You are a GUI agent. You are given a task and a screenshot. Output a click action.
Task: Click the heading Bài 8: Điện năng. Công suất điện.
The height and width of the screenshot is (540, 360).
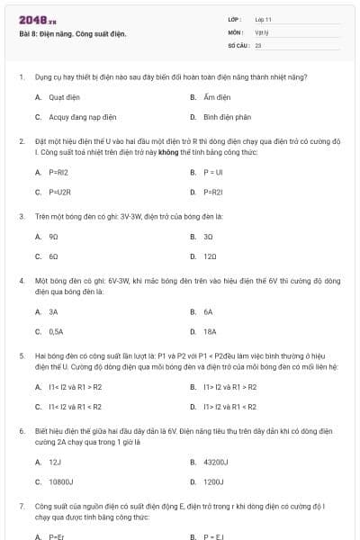73,34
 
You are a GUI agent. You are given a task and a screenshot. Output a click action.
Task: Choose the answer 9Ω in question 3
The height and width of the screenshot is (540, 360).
53,237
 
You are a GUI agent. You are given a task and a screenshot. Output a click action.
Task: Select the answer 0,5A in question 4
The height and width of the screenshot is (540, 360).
56,331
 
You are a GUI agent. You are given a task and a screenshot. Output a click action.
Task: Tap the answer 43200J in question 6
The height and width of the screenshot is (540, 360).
216,462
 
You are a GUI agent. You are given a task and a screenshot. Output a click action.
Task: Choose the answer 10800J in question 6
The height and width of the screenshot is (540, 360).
61,481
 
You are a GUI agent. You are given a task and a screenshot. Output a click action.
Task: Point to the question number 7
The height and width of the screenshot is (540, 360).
21,509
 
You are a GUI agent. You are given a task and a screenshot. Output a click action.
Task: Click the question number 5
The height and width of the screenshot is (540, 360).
21,355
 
